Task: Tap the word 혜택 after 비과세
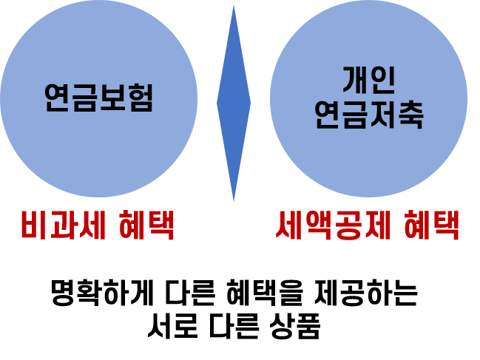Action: coord(146,226)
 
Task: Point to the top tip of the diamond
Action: coord(234,7)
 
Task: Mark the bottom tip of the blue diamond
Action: coord(234,200)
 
